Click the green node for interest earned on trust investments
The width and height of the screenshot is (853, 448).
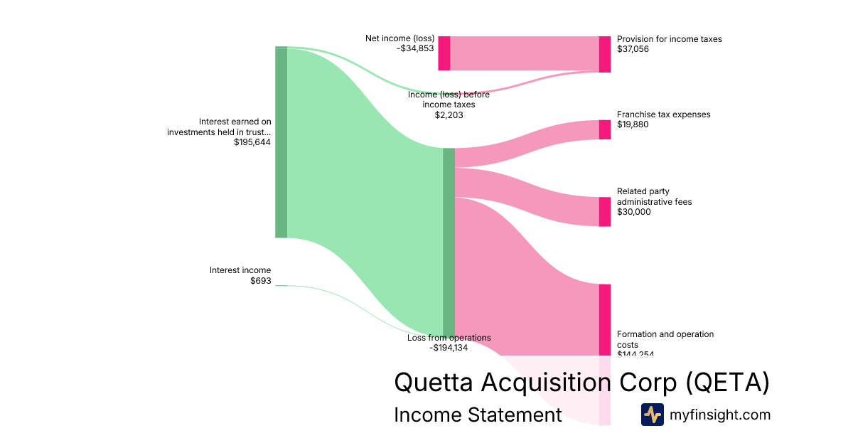(x=281, y=142)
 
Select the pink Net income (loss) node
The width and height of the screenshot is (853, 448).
(x=444, y=53)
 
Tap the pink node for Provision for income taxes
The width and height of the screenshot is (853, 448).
(x=604, y=54)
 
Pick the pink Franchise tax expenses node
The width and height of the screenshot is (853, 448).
(x=604, y=129)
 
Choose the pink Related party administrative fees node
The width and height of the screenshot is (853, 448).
(x=604, y=212)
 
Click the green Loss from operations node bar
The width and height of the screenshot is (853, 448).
(x=449, y=242)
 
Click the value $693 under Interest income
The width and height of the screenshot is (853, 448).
(x=260, y=281)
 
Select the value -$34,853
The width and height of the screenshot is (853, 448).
(x=415, y=49)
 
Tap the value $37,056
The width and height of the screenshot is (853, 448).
(x=633, y=49)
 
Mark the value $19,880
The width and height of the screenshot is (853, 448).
(x=633, y=124)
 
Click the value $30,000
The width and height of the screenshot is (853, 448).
(x=633, y=212)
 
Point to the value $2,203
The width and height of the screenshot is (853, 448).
(x=449, y=114)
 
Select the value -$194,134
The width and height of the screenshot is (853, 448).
(x=449, y=348)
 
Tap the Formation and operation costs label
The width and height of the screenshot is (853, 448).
(x=665, y=339)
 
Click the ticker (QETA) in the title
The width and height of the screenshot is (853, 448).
(x=728, y=383)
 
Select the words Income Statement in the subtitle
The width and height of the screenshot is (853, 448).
(x=478, y=415)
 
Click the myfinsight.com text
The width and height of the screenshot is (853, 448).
(x=720, y=415)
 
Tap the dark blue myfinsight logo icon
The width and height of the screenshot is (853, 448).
(x=653, y=415)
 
